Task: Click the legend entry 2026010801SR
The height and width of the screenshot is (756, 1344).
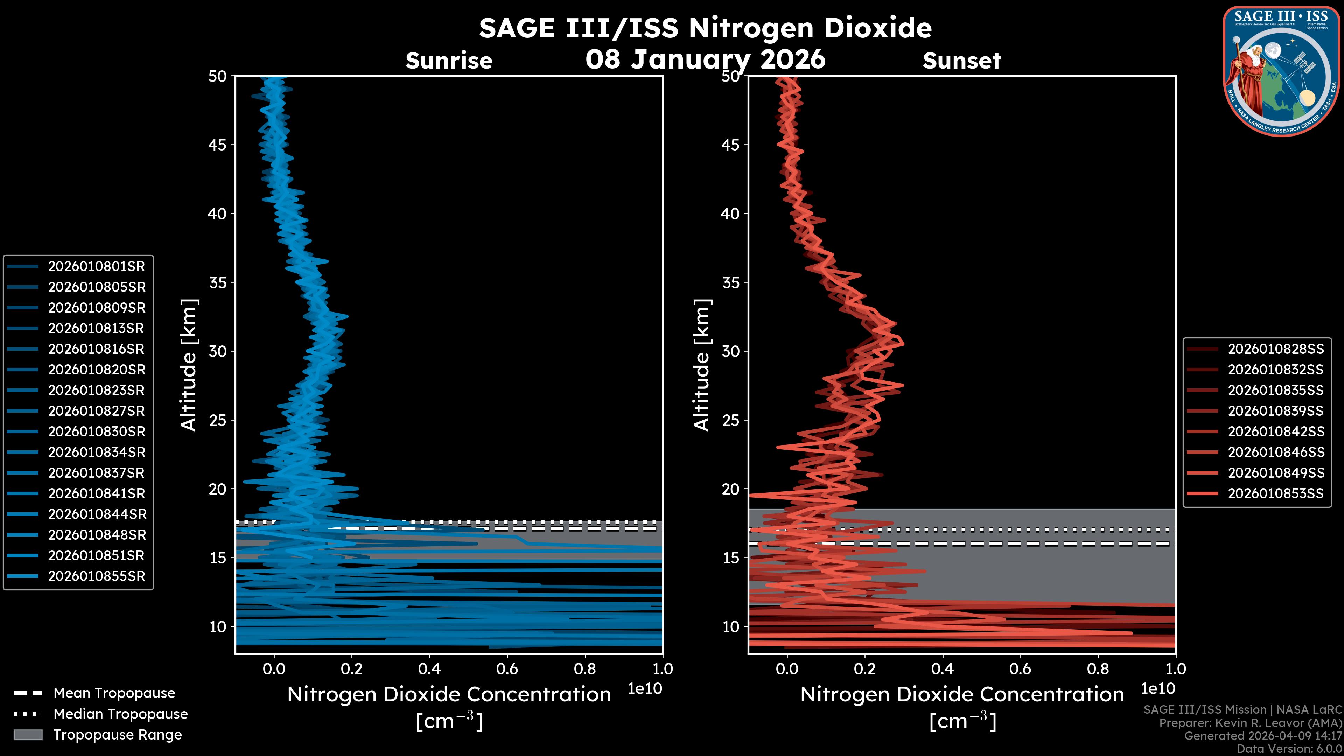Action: [x=97, y=267]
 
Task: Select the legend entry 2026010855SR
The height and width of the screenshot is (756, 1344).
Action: [x=97, y=576]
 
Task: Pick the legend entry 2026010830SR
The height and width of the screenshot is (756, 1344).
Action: [x=97, y=432]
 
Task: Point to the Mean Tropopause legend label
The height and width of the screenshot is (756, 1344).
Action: [x=114, y=693]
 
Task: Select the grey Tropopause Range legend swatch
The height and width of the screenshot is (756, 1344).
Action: [x=28, y=735]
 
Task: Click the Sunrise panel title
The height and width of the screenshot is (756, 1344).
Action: [x=449, y=61]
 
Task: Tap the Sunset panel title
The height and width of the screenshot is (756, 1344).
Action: [x=961, y=61]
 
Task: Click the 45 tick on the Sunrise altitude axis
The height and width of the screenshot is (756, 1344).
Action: [x=218, y=145]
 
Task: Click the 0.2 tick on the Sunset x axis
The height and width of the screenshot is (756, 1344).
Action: [x=864, y=669]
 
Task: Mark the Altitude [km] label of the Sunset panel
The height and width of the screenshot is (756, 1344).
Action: [x=702, y=365]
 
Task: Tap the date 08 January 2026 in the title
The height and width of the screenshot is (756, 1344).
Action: [x=705, y=59]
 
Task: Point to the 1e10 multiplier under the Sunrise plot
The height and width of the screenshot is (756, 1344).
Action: [x=645, y=689]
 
